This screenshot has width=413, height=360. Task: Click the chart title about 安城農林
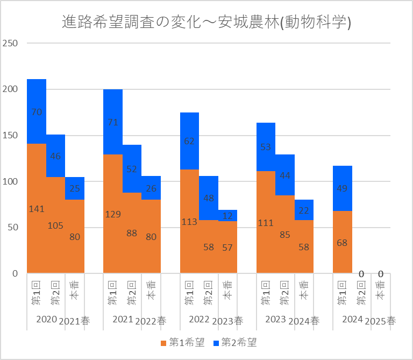click(206, 23)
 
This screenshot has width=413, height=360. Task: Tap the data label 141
click(37, 209)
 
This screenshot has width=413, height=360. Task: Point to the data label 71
click(113, 122)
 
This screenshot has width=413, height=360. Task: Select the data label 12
click(227, 216)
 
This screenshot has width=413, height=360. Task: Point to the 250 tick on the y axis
click(11, 43)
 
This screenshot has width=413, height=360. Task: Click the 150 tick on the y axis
click(11, 135)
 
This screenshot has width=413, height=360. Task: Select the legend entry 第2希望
click(234, 342)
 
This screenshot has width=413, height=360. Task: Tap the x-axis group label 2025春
click(380, 321)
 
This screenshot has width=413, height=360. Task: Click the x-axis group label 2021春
click(75, 321)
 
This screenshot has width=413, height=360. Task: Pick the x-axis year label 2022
click(199, 319)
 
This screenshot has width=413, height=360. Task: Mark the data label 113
click(189, 221)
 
